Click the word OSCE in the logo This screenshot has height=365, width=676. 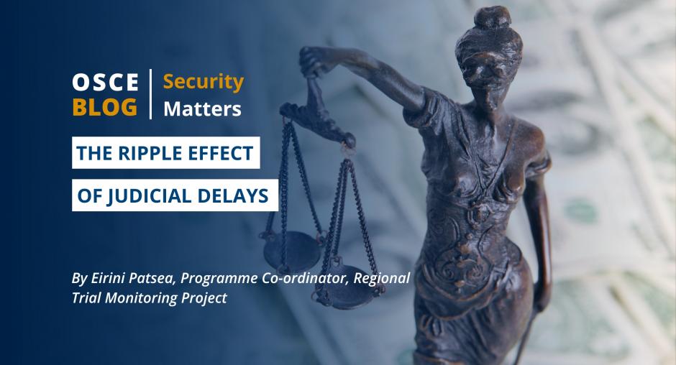(x=105, y=82)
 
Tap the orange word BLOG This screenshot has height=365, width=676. (x=105, y=107)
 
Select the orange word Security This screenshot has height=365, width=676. (x=204, y=82)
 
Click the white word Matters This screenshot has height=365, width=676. (x=202, y=109)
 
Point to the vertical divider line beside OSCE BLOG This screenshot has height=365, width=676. (x=150, y=93)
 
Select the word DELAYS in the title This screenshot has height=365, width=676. (x=233, y=196)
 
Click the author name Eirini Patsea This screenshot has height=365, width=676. (x=132, y=278)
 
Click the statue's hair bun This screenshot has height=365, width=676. (x=492, y=18)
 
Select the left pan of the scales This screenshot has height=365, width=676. (x=292, y=251)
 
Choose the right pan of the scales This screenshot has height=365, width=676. (x=347, y=290)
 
